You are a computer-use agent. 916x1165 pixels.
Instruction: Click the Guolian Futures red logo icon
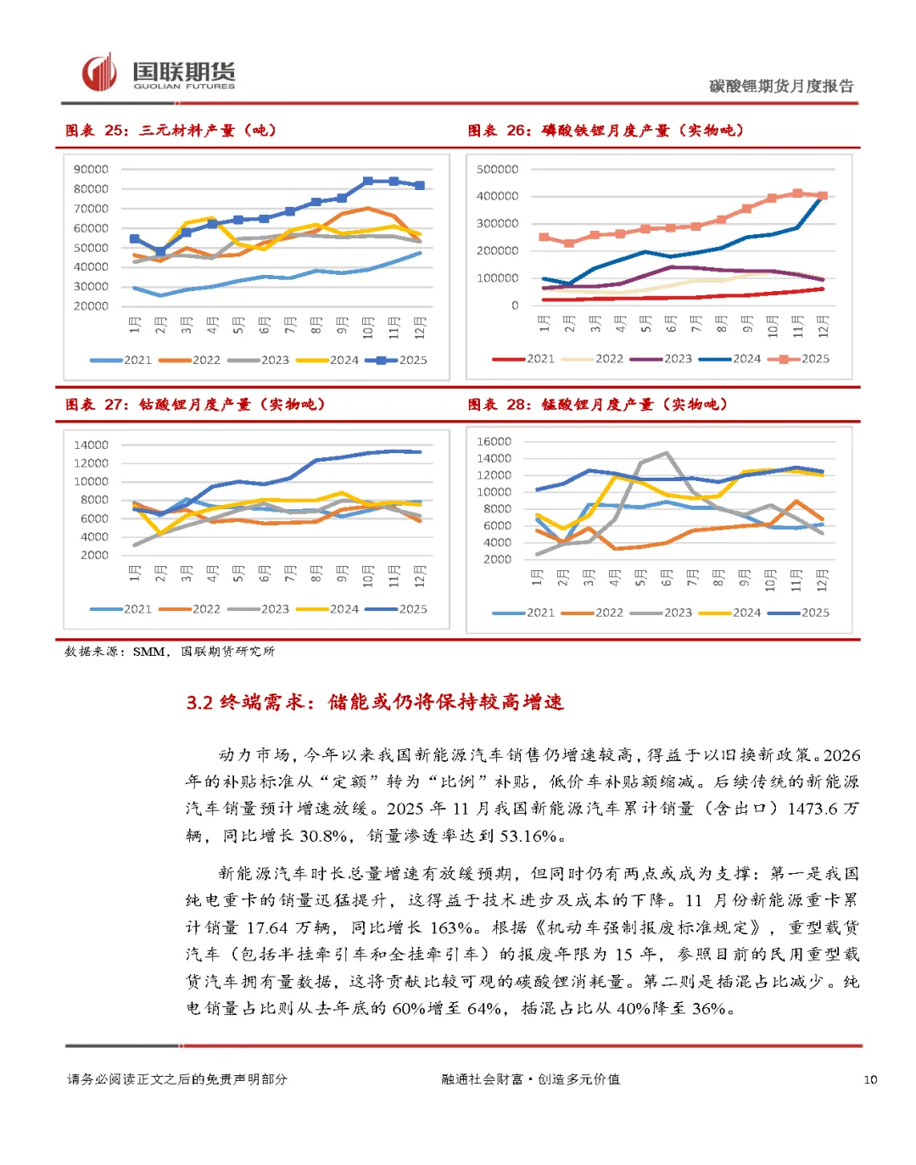tap(98, 72)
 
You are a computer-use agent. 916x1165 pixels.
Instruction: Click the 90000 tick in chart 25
tap(91, 170)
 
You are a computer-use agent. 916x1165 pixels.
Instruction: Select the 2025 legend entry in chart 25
tap(397, 360)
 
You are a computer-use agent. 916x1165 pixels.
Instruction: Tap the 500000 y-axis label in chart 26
tap(497, 170)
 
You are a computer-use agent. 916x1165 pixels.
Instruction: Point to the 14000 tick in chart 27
tap(91, 445)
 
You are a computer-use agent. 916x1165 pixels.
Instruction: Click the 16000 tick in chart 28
tap(494, 441)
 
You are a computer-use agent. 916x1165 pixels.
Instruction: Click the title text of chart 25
tap(171, 131)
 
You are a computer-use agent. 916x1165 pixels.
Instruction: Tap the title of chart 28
tap(597, 405)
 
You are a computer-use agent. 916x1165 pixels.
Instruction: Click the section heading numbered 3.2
tap(375, 703)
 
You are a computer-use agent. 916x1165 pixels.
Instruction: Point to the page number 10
tap(870, 1079)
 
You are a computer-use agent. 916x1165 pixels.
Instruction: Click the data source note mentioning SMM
tap(170, 652)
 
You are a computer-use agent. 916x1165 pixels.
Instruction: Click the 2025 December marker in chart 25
tap(420, 185)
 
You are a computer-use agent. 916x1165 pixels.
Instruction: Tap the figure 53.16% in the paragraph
tap(528, 836)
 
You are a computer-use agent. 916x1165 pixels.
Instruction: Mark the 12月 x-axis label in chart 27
tap(420, 574)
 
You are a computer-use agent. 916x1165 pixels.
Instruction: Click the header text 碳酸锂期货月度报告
tap(781, 86)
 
